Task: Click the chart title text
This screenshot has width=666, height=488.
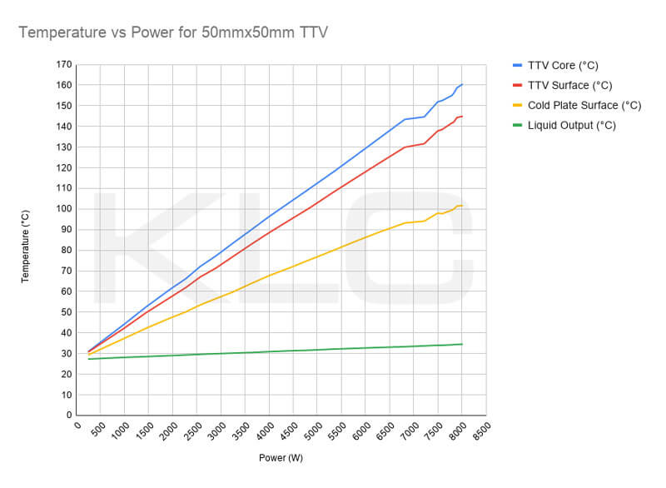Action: pyautogui.click(x=173, y=32)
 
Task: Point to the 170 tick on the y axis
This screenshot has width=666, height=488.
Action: pyautogui.click(x=64, y=65)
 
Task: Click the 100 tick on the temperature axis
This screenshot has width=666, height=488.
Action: pyautogui.click(x=64, y=209)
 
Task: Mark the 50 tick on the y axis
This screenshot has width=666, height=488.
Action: pyautogui.click(x=67, y=312)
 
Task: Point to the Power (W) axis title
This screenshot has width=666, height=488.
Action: pyautogui.click(x=281, y=458)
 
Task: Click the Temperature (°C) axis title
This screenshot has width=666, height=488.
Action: pyautogui.click(x=25, y=246)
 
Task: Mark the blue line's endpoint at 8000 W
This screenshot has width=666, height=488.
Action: pyautogui.click(x=462, y=84)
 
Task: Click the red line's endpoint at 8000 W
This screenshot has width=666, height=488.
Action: pyautogui.click(x=462, y=116)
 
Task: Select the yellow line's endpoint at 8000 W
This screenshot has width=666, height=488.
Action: pyautogui.click(x=462, y=206)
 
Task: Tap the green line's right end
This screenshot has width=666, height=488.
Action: pyautogui.click(x=462, y=344)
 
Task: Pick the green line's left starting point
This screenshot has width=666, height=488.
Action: pyautogui.click(x=88, y=359)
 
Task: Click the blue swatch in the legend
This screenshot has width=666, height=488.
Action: pyautogui.click(x=517, y=66)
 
